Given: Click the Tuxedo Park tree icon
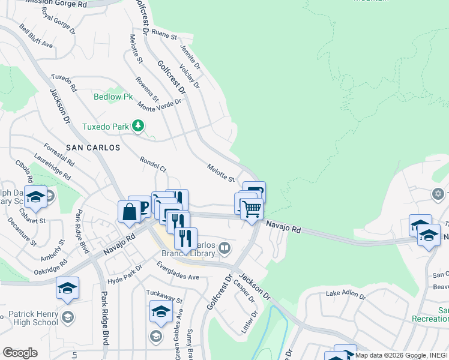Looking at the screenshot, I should tap(139, 126).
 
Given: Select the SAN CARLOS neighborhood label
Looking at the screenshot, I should tap(93, 147).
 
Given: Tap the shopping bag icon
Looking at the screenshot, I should tap(129, 212).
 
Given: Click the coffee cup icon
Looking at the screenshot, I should tap(142, 207).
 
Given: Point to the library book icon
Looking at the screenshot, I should tap(224, 247).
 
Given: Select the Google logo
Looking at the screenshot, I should tap(19, 353).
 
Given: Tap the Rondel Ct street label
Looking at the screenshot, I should tap(152, 164).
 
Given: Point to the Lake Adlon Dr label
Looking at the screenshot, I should tap(346, 294).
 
